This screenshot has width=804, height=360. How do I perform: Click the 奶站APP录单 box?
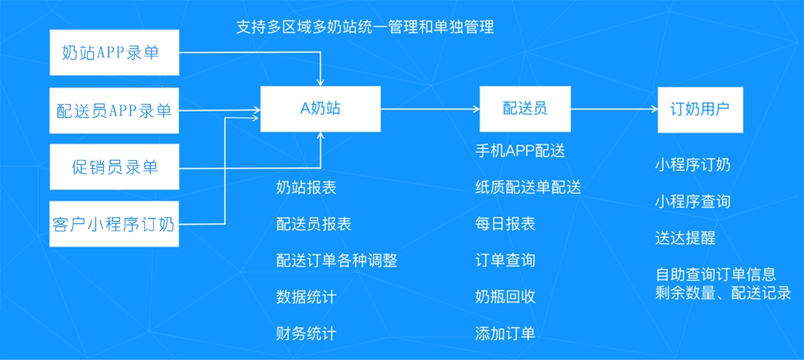click(115, 52)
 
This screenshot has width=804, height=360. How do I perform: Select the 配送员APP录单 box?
click(115, 110)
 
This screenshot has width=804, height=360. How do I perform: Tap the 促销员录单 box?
click(115, 166)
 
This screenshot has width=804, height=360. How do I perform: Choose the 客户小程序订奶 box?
click(115, 223)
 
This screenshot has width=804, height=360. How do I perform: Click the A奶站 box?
click(320, 109)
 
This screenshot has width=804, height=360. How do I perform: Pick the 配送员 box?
click(525, 109)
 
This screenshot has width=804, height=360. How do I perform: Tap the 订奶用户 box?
click(699, 109)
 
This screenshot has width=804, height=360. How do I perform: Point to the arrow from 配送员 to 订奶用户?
click(613, 109)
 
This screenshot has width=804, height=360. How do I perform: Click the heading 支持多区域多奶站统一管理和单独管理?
click(365, 27)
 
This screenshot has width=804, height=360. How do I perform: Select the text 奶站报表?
click(306, 188)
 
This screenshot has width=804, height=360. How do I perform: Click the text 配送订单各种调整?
click(336, 260)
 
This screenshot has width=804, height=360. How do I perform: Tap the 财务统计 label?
click(306, 333)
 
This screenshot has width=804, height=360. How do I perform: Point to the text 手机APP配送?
click(520, 151)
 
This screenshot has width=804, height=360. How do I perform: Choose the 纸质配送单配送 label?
click(528, 188)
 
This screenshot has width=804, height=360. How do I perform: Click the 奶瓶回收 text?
click(505, 296)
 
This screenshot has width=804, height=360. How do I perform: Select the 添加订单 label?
click(505, 333)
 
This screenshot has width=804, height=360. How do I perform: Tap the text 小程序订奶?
click(693, 165)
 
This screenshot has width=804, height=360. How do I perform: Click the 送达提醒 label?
click(685, 238)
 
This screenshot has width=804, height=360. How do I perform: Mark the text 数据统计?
click(306, 296)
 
